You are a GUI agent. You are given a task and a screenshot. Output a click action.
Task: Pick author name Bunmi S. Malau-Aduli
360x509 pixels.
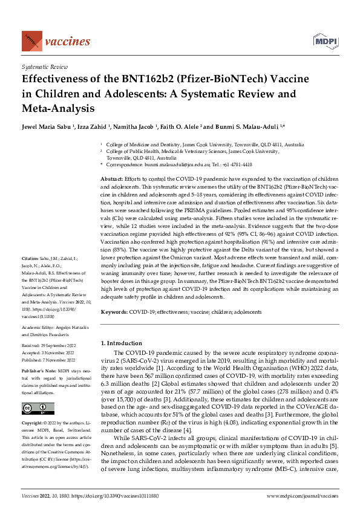click(245, 129)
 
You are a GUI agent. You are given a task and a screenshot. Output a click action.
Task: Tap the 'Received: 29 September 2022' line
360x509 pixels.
click(54, 346)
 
